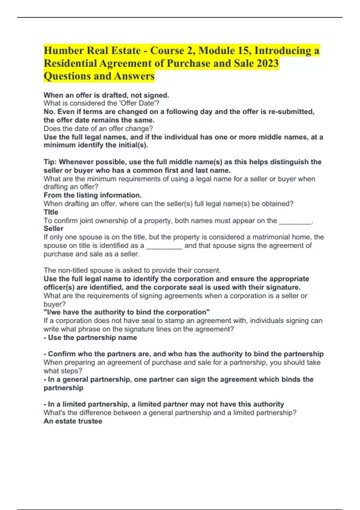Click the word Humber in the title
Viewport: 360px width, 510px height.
(x=64, y=50)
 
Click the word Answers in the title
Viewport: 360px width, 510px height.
(x=134, y=76)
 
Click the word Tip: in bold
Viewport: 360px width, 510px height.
(x=50, y=162)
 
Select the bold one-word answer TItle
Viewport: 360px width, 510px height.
(x=51, y=212)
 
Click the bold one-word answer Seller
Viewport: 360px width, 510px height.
(x=53, y=229)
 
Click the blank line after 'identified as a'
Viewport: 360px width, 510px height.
(x=164, y=246)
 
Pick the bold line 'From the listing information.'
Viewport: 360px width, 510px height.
(x=92, y=195)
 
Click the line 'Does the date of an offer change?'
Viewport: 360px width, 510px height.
(x=98, y=129)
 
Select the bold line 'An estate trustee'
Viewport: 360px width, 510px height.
(x=73, y=421)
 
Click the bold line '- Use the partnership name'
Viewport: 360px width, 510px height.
(x=90, y=337)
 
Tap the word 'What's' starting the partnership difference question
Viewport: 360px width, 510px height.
(x=52, y=413)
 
